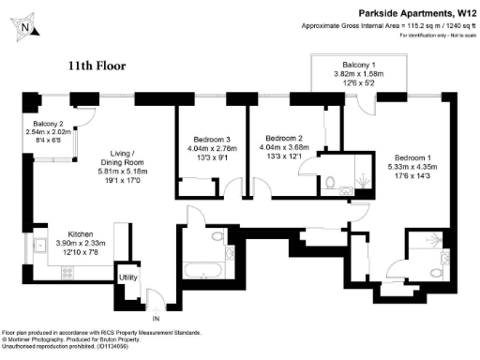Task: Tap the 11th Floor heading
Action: (97, 67)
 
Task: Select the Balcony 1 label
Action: (359, 65)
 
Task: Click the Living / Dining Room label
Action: (100, 160)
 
